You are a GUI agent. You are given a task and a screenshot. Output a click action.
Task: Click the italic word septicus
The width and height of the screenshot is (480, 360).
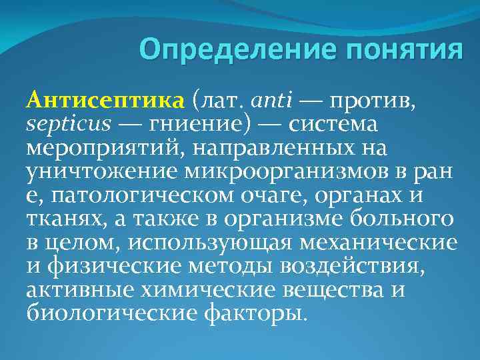pos(65,124)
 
